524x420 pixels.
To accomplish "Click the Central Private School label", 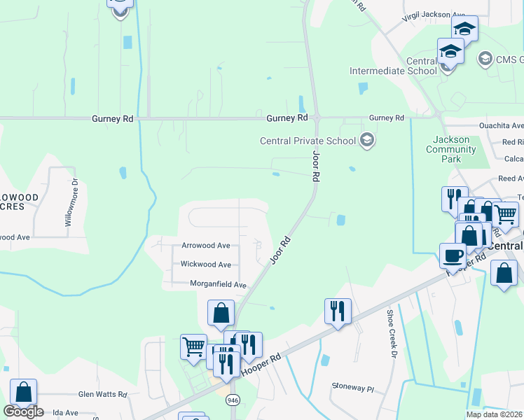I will pos(309,141).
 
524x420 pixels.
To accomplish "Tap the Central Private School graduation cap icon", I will pos(366,141).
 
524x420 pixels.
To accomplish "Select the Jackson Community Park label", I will pos(452,149).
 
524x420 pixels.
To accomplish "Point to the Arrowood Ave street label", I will pos(206,246).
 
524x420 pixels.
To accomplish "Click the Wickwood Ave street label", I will pos(206,265).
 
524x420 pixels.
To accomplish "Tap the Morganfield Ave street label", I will pos(219,285).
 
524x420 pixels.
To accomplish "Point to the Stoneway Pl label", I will pos(354,386).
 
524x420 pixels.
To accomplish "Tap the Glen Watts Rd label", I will pos(102,394).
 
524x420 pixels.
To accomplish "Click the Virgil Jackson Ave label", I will pos(434,15).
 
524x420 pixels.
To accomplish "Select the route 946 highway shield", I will pos(233,400).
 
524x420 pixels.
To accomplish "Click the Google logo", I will pos(23,412).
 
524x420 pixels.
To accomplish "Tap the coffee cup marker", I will pos(453,255).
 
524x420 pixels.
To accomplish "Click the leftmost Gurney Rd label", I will pos(112,119).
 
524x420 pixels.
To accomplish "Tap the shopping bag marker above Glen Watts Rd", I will pos(24,391).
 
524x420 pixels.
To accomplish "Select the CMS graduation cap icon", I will pos(484,58).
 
